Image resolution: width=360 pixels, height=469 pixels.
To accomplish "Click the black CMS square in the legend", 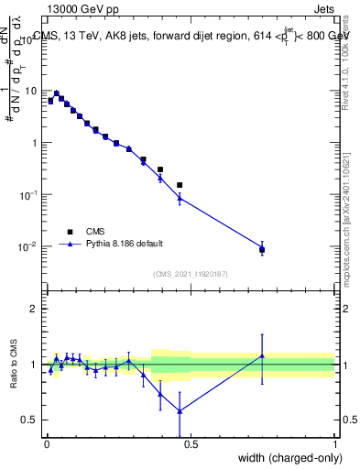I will [69, 232].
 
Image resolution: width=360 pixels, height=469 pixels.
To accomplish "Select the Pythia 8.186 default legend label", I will [126, 244].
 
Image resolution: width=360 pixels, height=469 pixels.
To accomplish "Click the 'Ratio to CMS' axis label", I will [14, 365].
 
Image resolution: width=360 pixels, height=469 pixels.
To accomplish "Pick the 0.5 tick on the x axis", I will [191, 445].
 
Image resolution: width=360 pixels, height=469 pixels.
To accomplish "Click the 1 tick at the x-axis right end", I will [335, 445].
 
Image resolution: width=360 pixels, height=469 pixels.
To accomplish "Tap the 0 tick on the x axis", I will [47, 445].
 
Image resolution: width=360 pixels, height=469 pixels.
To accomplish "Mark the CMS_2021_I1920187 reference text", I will [190, 273].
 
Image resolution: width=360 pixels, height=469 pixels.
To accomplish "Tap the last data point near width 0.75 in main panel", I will [262, 249].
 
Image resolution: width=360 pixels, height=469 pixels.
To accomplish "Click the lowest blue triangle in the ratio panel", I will [180, 410].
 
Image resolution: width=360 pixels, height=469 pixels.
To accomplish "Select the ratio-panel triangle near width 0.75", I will [262, 355].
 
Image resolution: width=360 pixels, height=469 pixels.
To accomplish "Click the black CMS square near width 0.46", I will [180, 185].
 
